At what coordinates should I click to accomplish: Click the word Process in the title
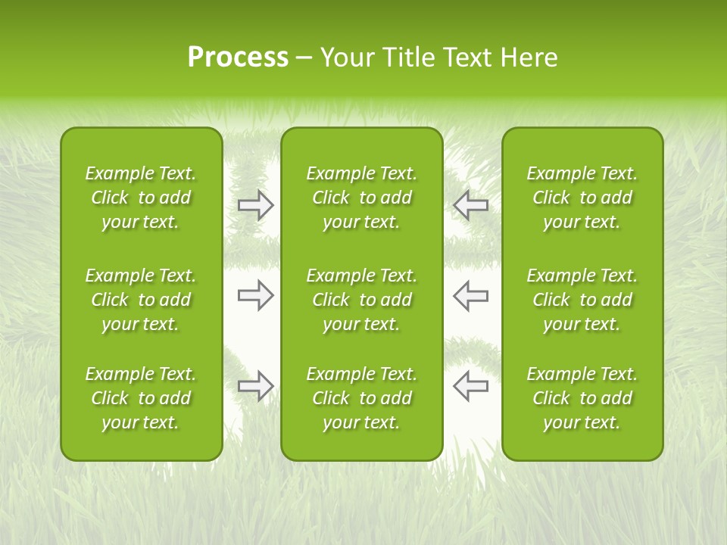click(238, 58)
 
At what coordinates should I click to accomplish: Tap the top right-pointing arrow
click(255, 204)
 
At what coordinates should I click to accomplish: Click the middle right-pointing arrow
click(255, 295)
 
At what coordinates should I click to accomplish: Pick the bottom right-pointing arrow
click(255, 386)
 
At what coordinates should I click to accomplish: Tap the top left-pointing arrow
click(470, 204)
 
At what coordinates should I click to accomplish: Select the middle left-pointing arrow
click(470, 295)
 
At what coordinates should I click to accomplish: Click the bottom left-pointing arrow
click(470, 386)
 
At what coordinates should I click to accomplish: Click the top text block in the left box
click(141, 198)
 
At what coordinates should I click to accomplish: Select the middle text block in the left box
click(141, 300)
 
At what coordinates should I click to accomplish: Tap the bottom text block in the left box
click(141, 398)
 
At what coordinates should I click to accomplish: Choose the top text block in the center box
click(361, 198)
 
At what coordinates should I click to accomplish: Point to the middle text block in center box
click(361, 300)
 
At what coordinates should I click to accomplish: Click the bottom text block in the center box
click(361, 398)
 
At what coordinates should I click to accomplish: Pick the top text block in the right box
click(582, 198)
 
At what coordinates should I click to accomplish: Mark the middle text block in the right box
click(582, 300)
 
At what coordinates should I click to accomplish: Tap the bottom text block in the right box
click(582, 398)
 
